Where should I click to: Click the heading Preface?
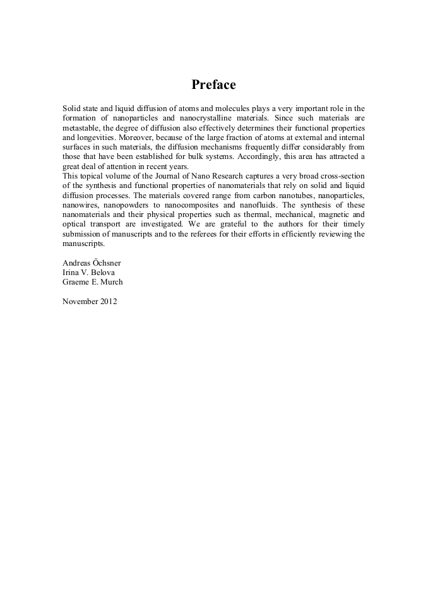point(213,85)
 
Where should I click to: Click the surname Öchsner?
point(111,262)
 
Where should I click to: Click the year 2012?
point(108,302)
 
